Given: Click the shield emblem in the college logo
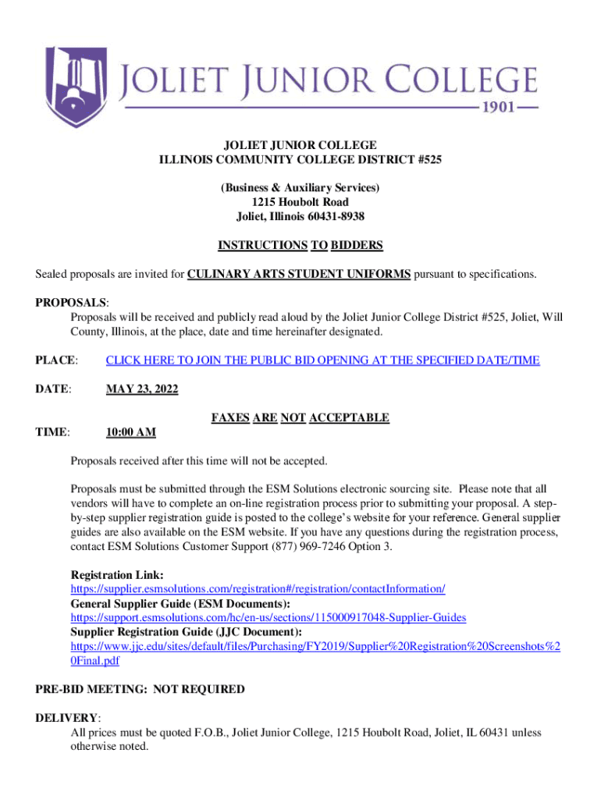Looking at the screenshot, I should tap(76, 86).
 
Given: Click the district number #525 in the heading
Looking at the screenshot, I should tap(427, 160).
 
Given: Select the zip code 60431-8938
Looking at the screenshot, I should tap(333, 216).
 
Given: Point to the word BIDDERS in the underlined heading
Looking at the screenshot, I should tap(357, 246).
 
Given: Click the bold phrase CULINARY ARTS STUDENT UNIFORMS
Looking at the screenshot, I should tap(299, 274).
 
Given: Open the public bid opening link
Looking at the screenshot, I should tap(322, 360).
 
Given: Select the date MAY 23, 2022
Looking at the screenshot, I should tap(142, 389).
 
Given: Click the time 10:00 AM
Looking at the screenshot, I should tap(130, 432).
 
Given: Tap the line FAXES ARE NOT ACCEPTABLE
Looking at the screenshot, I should tap(300, 418).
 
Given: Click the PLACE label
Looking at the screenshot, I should tap(56, 360).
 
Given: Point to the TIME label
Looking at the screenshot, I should tap(53, 432).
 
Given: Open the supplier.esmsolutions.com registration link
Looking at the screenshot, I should tap(258, 589).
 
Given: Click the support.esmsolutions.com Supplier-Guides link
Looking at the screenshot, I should tap(268, 617).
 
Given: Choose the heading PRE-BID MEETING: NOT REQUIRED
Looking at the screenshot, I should tap(140, 690).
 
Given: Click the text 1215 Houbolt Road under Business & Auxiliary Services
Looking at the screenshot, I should tap(300, 202).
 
